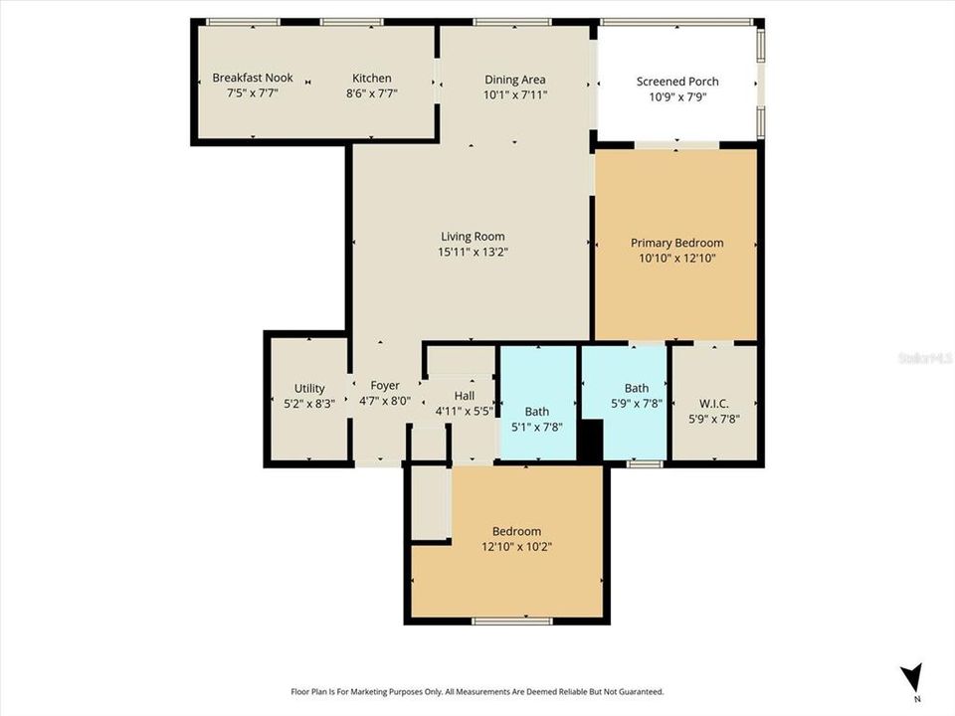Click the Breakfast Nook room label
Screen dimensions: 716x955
tap(253, 79)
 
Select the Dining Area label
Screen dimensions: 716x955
tap(514, 80)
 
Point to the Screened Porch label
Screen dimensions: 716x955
tap(676, 82)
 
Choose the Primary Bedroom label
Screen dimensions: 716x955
tap(676, 243)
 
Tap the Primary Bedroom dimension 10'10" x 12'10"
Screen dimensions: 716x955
tap(676, 259)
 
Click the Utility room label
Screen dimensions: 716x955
tap(309, 388)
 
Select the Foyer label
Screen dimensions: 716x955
tap(384, 386)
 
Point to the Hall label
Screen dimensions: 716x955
tap(464, 396)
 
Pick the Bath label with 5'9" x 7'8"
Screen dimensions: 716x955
tap(636, 388)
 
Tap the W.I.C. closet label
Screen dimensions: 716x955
tap(713, 403)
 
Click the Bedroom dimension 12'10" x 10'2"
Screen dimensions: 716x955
tap(516, 547)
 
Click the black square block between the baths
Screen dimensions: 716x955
tap(591, 441)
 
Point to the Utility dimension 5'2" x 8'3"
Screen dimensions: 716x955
tap(309, 404)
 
